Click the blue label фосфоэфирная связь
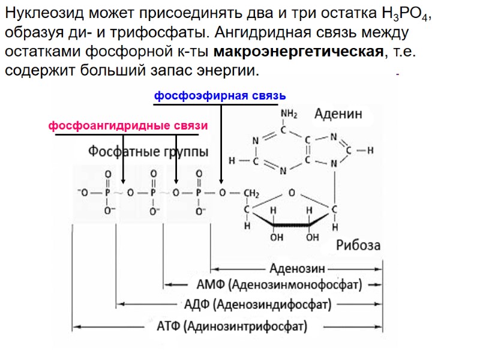tap(220, 96)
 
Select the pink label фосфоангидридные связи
tap(128, 126)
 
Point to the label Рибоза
tap(358, 245)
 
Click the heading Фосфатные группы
tap(149, 152)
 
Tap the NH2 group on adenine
tap(289, 114)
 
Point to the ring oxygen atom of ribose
tap(291, 193)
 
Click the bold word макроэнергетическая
tap(298, 51)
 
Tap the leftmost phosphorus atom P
tap(108, 193)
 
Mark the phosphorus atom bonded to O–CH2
tap(199, 193)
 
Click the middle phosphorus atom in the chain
tap(153, 193)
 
